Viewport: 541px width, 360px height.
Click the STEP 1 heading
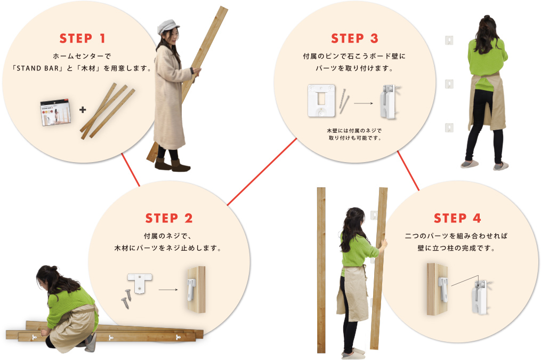(82, 38)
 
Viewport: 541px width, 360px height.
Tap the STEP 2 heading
(169, 218)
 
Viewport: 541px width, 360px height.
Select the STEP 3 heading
(354, 38)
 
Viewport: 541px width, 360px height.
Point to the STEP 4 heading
(457, 218)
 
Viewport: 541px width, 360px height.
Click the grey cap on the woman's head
(168, 26)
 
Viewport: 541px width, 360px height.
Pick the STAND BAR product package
(55, 113)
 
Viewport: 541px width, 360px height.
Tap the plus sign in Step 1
(83, 110)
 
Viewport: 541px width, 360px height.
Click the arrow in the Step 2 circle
(168, 290)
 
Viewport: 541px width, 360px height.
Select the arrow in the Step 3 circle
(364, 103)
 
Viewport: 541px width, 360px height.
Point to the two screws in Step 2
(126, 299)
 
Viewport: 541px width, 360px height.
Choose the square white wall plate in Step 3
(321, 100)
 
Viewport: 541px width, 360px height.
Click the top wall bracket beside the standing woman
(449, 40)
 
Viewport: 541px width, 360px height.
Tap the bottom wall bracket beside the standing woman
(449, 127)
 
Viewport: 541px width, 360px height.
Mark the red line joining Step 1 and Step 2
(131, 170)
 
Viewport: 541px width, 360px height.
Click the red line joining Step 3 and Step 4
(408, 171)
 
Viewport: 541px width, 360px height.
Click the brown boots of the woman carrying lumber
(172, 165)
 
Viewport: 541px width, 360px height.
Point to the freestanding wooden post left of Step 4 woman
(321, 270)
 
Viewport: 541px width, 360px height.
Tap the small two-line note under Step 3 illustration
(354, 134)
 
